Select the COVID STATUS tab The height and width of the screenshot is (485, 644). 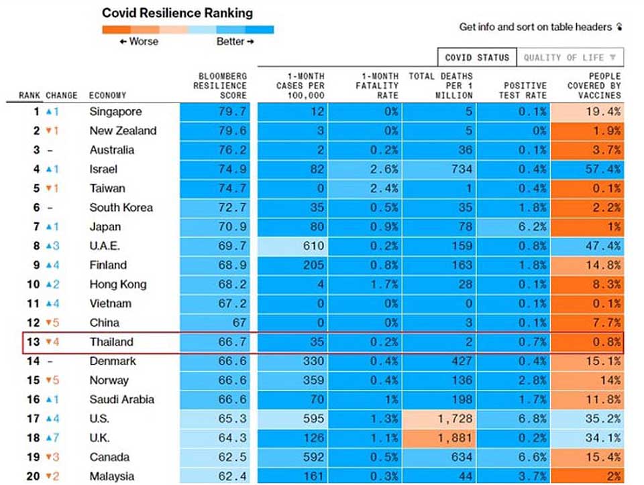476,58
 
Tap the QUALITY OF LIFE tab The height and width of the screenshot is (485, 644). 570,58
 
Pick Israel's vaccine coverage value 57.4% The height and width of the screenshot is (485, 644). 602,169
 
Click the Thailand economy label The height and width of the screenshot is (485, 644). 111,342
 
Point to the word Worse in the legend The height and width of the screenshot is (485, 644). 142,42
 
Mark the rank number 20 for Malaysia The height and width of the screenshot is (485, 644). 33,476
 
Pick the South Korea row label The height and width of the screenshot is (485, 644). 121,208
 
